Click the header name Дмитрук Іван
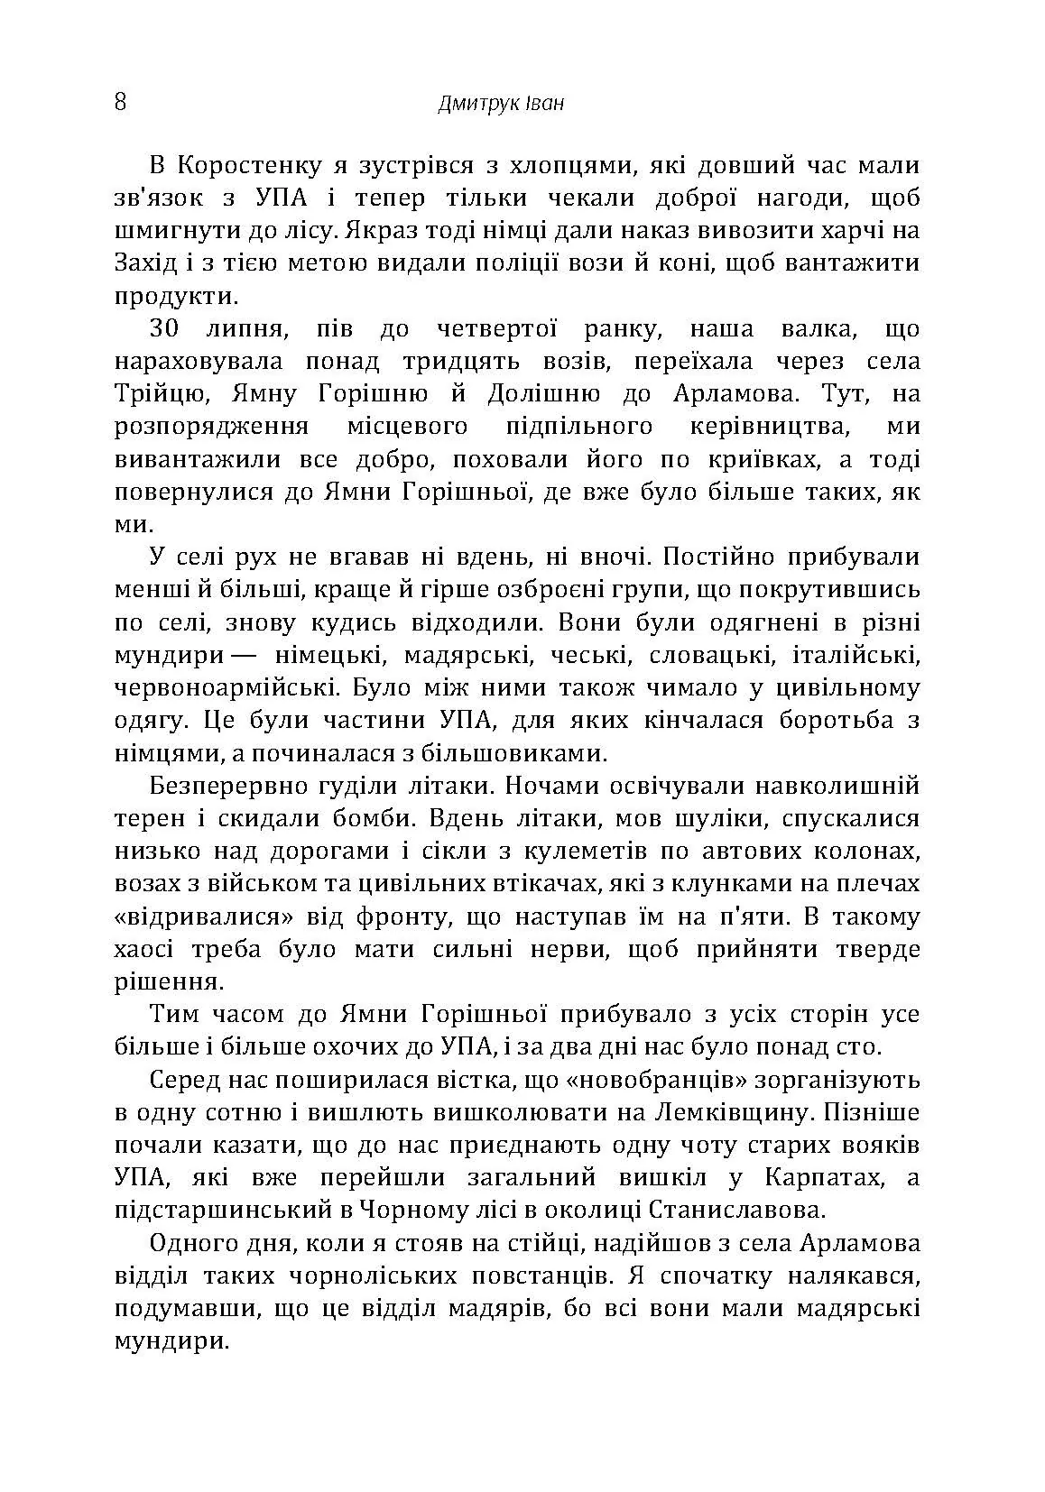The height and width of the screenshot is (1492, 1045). [501, 103]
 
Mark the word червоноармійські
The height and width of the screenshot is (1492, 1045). [227, 687]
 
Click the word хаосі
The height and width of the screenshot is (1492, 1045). [146, 949]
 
